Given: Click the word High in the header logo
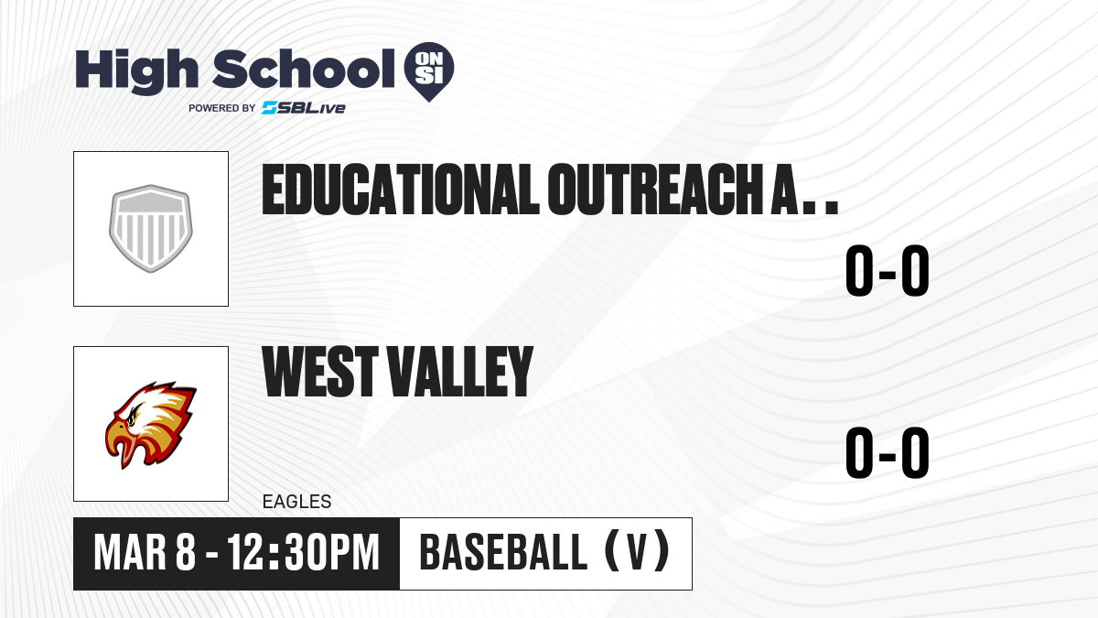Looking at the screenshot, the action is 136,70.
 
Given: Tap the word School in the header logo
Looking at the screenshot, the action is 304,69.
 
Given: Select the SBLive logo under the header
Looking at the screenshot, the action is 304,107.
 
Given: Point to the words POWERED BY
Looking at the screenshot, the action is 221,108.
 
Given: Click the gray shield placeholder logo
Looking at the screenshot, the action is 151,229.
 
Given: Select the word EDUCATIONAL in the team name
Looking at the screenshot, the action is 401,190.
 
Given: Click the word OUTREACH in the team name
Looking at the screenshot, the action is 655,190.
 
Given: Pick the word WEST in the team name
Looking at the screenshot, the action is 320,371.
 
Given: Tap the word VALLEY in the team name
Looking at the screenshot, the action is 461,371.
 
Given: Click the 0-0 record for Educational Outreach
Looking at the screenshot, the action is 888,270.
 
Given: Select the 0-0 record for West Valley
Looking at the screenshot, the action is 888,452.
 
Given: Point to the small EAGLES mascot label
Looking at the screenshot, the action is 297,502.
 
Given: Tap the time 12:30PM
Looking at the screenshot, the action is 304,553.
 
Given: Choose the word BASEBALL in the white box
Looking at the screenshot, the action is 503,552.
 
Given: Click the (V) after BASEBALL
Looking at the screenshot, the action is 637,551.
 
